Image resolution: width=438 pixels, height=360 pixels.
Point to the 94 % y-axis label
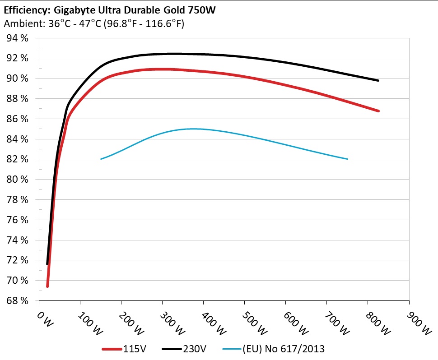18,38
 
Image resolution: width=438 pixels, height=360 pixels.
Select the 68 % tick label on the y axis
18,300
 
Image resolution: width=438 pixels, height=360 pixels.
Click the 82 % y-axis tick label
18,159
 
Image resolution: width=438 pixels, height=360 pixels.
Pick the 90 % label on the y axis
18,78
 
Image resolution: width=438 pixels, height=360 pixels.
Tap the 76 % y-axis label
18,220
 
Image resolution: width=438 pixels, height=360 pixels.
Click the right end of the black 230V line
378,80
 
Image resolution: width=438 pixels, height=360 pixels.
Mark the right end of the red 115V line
378,111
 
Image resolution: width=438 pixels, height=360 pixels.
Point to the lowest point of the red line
47,286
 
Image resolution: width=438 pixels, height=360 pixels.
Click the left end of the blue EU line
101,159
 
